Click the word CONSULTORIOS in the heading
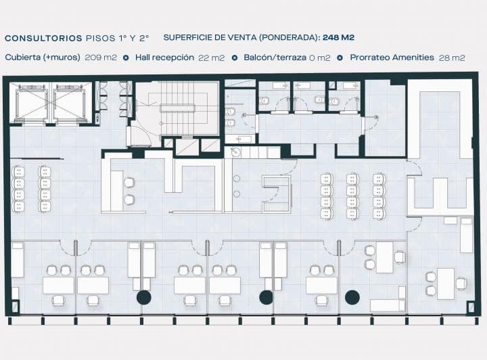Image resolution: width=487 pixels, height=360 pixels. click(43, 39)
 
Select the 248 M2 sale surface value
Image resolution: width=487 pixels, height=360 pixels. click(339, 38)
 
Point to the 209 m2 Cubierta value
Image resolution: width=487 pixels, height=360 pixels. click(101, 58)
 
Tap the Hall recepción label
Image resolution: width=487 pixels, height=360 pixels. click(164, 58)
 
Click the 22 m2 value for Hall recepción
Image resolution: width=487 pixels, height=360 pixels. click(212, 58)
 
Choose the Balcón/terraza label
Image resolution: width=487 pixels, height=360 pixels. click(275, 58)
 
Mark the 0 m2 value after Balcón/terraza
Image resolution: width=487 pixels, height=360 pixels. click(319, 58)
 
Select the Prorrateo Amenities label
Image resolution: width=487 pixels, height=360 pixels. click(392, 58)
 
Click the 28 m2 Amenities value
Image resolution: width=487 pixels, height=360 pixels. click(452, 58)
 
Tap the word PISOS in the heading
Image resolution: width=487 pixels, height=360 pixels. click(101, 39)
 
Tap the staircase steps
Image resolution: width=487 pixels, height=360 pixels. click(179, 108)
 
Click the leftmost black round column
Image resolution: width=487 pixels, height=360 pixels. click(144, 297)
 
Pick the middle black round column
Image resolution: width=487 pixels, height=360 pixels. click(266, 297)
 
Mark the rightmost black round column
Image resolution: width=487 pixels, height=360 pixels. click(352, 297)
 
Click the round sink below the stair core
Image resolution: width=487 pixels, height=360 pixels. click(236, 152)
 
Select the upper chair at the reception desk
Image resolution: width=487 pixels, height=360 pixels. click(129, 183)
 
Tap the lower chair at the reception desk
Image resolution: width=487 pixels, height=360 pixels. click(129, 200)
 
